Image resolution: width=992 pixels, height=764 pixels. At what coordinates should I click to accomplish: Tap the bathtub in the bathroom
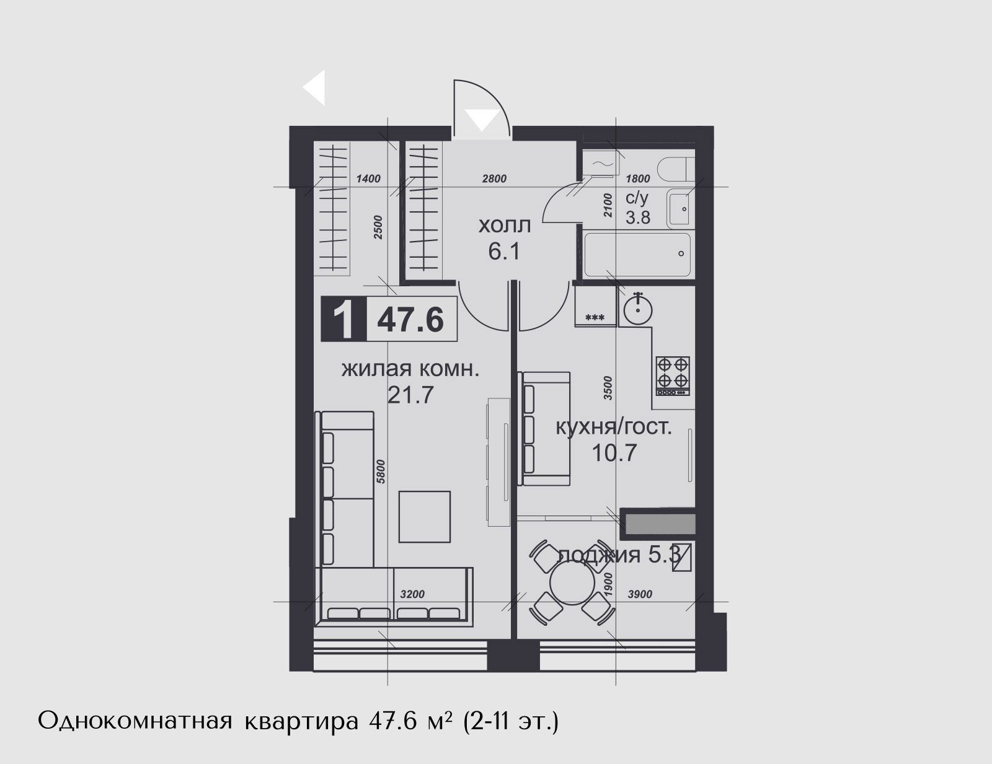[x=637, y=255]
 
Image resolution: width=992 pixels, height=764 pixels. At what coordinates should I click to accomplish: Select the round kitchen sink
[x=638, y=309]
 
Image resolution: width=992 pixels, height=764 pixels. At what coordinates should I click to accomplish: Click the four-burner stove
[x=673, y=375]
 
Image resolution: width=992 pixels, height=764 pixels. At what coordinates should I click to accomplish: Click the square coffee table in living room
[x=425, y=517]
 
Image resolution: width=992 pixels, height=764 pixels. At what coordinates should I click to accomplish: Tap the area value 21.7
[x=410, y=395]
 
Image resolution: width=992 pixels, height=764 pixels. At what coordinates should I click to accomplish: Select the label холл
[x=505, y=226]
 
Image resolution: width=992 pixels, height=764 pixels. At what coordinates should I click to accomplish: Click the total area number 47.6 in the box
[x=410, y=320]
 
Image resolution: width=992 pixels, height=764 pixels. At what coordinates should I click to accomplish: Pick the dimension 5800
[x=381, y=472]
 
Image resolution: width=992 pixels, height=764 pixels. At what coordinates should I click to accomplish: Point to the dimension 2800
[x=494, y=179]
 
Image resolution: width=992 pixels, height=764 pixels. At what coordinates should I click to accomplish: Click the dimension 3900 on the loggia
[x=640, y=594]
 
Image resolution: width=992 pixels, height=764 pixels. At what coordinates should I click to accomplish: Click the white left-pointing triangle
[x=314, y=87]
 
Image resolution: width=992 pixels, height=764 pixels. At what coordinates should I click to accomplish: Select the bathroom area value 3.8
[x=638, y=217]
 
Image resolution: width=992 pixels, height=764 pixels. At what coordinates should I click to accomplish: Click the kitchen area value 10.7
[x=614, y=454]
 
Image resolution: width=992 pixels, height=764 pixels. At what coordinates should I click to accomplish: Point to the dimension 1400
[x=368, y=179]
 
